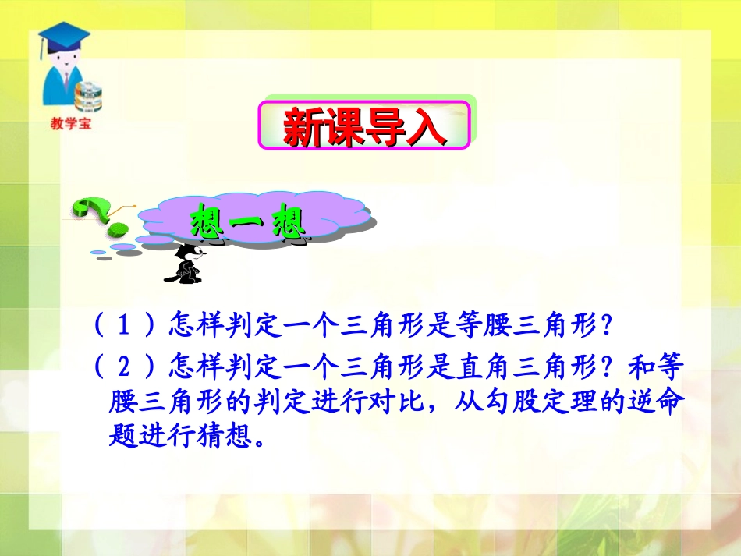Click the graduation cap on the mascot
point(64,36)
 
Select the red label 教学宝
point(69,123)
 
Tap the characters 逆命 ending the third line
point(660,402)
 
